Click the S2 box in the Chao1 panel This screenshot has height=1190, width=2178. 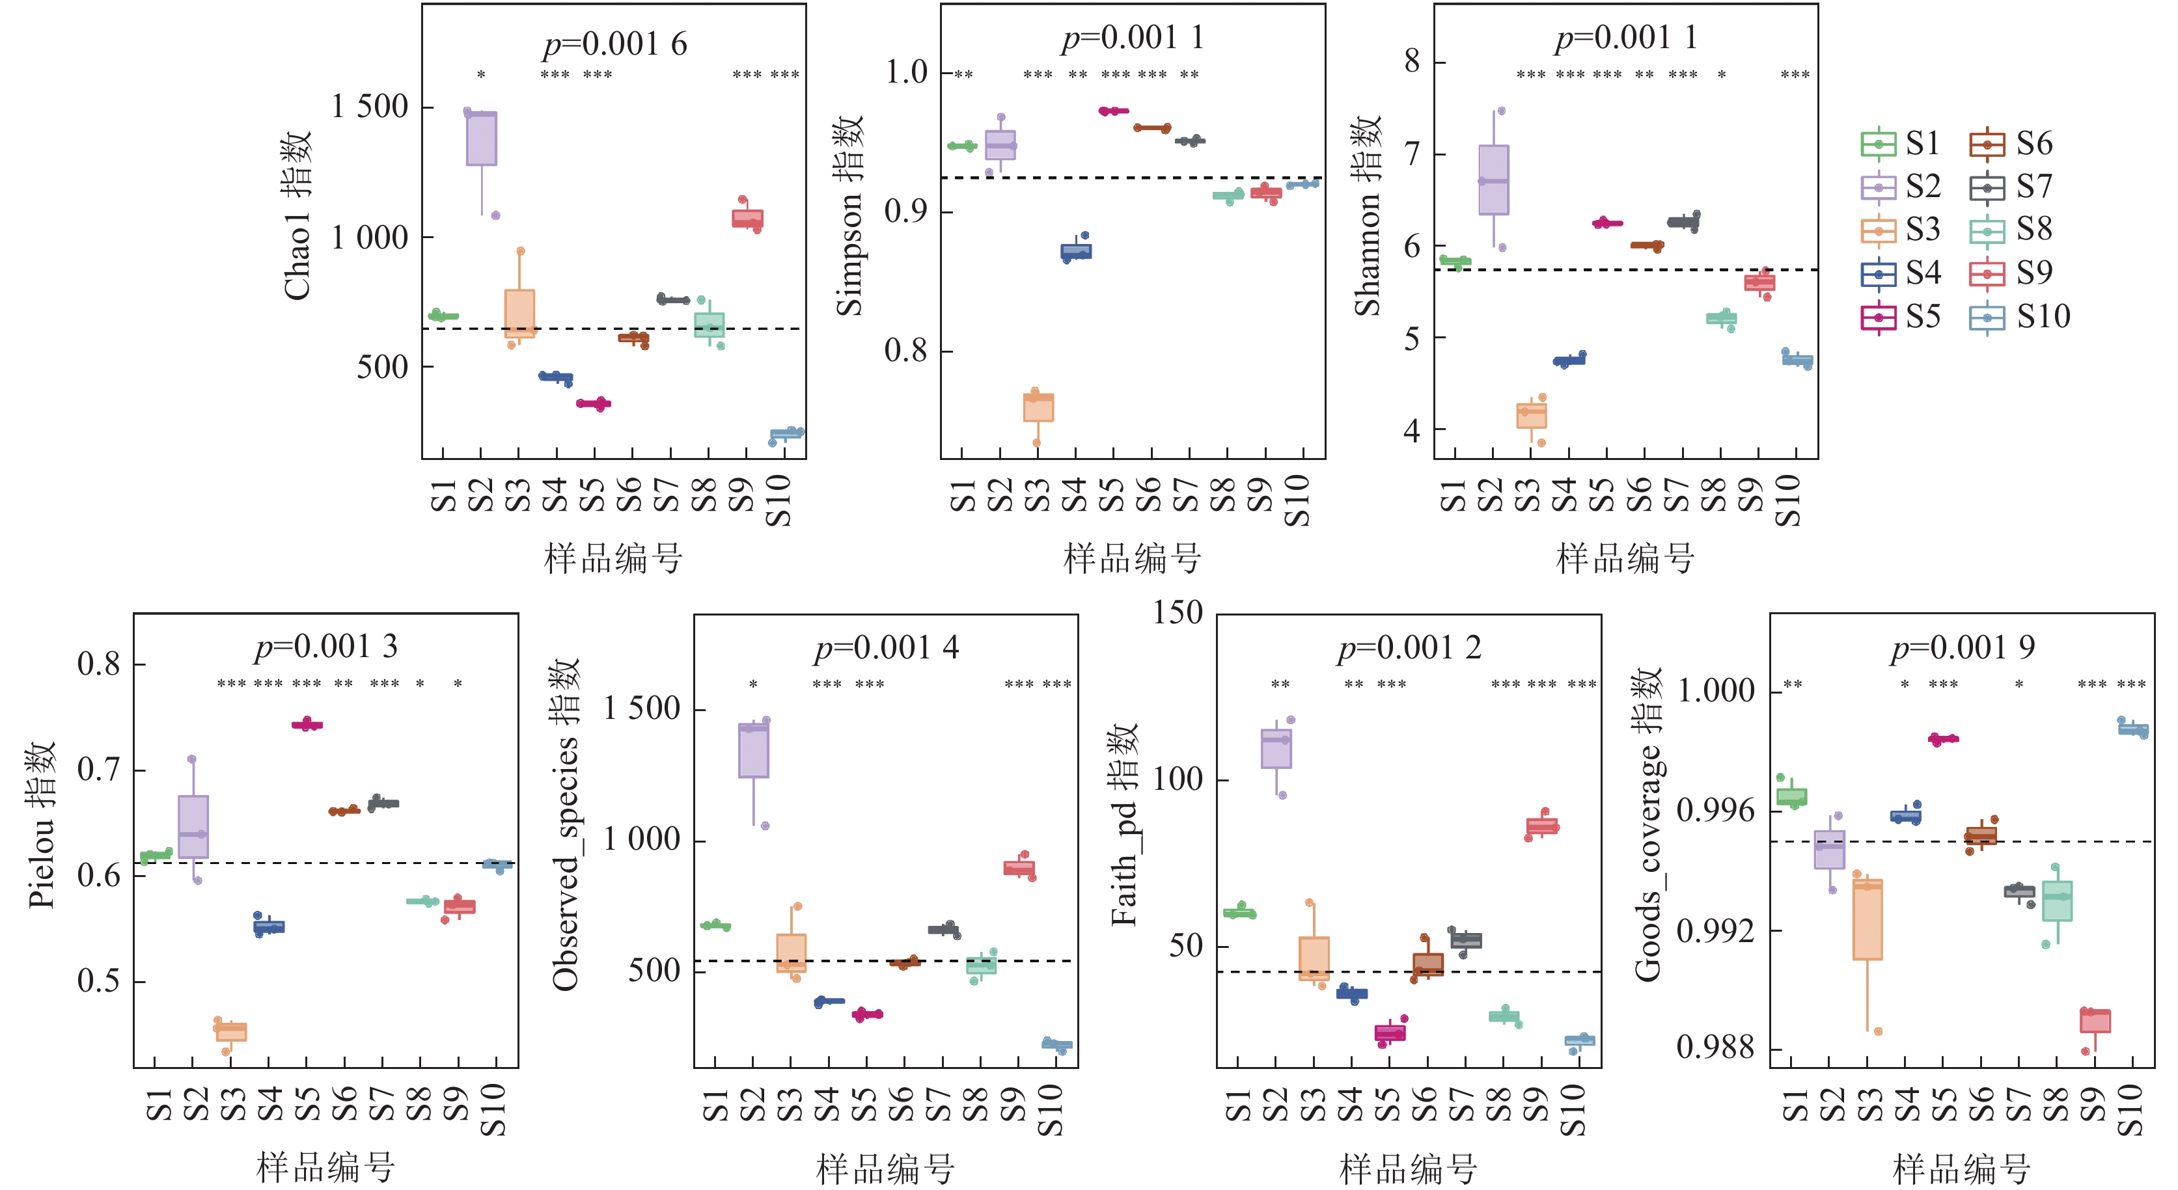(x=481, y=139)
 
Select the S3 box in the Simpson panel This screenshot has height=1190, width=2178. (x=1038, y=407)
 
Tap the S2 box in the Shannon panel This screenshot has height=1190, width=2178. (x=1494, y=180)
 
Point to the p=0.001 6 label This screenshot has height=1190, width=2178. (x=614, y=44)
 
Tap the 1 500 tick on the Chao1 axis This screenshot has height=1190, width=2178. (x=370, y=107)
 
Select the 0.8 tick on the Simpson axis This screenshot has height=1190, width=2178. (x=905, y=351)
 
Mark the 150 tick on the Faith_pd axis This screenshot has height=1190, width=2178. (x=1177, y=613)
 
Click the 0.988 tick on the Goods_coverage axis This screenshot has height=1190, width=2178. (x=1715, y=1048)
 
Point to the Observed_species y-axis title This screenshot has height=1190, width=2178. (x=565, y=824)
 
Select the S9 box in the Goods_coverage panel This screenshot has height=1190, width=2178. (x=2095, y=1021)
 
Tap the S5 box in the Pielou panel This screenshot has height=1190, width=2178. (x=307, y=724)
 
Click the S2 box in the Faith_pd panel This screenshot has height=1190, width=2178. (x=1276, y=749)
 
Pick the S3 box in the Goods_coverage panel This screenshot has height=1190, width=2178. (x=1868, y=919)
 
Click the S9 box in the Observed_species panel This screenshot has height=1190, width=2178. (x=1019, y=868)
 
